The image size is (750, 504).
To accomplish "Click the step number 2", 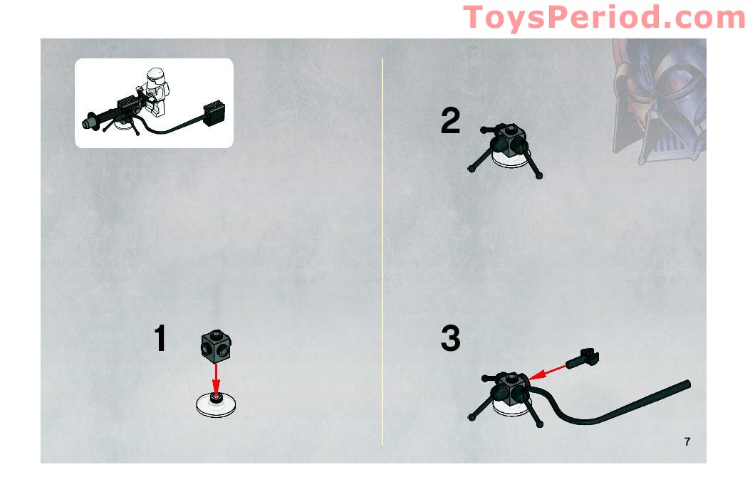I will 450,121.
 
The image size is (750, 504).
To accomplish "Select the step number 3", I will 450,338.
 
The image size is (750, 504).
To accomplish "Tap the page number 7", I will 687,441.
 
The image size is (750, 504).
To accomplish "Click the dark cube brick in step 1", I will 215,346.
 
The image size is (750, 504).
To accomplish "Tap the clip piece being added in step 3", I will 584,357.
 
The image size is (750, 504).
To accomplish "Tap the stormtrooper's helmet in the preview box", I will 153,77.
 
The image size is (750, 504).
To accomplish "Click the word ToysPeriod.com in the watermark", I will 604,17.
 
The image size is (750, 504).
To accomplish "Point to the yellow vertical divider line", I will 382,249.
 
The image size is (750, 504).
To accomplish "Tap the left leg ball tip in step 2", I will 471,169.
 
